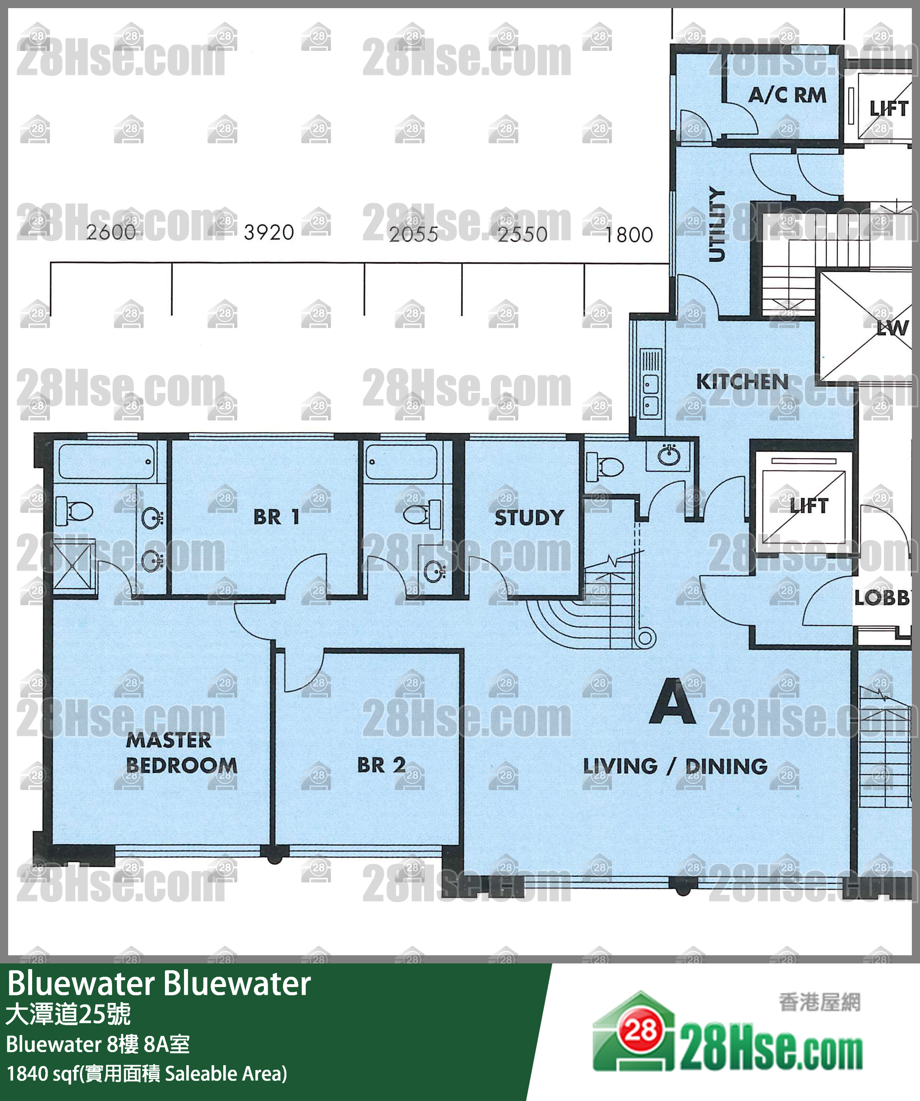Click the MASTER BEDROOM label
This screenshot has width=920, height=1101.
pyautogui.click(x=181, y=753)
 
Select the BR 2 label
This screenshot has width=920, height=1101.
pyautogui.click(x=381, y=765)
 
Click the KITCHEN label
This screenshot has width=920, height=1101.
pyautogui.click(x=742, y=382)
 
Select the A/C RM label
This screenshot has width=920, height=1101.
pyautogui.click(x=787, y=95)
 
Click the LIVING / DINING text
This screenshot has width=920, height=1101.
pyautogui.click(x=675, y=766)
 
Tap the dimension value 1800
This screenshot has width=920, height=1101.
pyautogui.click(x=629, y=234)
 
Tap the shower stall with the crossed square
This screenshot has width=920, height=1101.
pyautogui.click(x=75, y=568)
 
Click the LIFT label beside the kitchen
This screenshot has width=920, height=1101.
pyautogui.click(x=809, y=506)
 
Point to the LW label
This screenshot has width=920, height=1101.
pyautogui.click(x=892, y=328)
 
